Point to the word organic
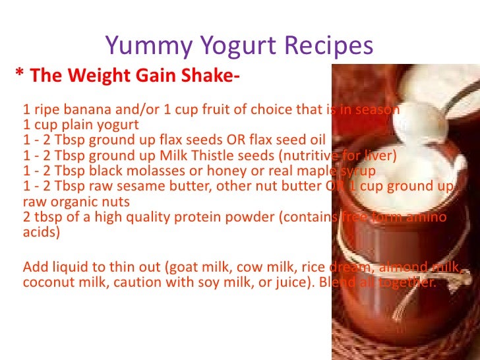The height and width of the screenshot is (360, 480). click(x=71, y=202)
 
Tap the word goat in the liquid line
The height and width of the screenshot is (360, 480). click(x=183, y=268)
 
